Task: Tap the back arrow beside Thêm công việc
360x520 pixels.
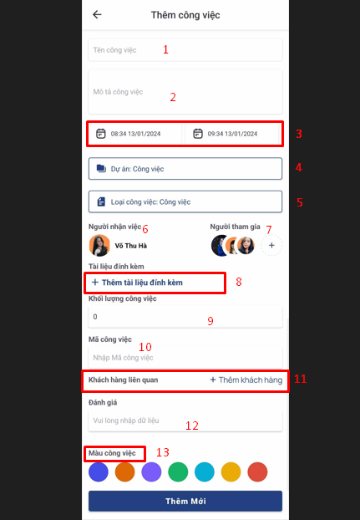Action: [x=97, y=14]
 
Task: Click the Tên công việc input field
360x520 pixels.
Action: [x=185, y=50]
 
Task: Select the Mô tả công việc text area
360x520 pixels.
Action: [x=185, y=91]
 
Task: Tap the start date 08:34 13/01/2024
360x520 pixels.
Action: [x=135, y=134]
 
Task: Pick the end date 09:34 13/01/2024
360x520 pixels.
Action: [x=232, y=134]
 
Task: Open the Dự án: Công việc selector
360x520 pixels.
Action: [x=185, y=169]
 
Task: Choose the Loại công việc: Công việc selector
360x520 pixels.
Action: [x=185, y=201]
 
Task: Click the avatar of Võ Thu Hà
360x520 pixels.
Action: [x=99, y=246]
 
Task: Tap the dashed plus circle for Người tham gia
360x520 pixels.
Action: [x=271, y=246]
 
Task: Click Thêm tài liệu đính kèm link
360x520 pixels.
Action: [x=137, y=283]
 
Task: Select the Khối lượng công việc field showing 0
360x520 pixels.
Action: [x=185, y=317]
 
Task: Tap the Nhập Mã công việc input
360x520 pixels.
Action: [x=185, y=358]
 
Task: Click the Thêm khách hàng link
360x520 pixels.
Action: [x=246, y=380]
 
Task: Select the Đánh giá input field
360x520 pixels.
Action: [x=185, y=421]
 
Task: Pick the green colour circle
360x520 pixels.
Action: [x=178, y=472]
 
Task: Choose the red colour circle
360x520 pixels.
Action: [x=257, y=472]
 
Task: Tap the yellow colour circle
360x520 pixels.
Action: [x=231, y=472]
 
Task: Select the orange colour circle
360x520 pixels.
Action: [x=124, y=472]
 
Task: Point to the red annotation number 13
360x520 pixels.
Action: [x=163, y=452]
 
